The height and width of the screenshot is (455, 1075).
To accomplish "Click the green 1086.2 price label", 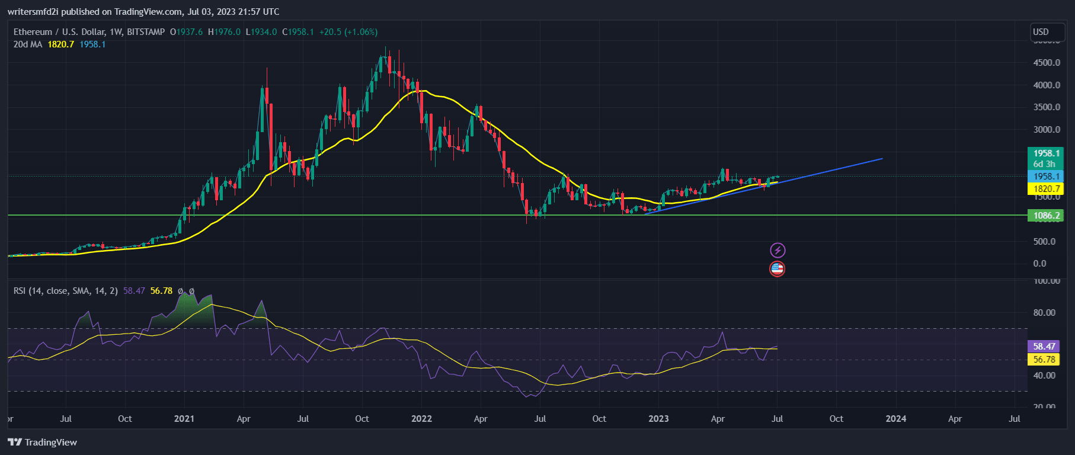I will [1045, 216].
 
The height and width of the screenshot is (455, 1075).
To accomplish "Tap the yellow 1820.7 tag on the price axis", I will [1045, 189].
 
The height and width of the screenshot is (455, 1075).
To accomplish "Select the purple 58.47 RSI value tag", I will [1044, 347].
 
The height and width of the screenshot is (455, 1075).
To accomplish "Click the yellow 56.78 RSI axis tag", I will [1044, 360].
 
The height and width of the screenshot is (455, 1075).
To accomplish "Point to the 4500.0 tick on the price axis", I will [1047, 63].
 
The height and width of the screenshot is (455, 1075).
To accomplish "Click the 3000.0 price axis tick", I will [1047, 130].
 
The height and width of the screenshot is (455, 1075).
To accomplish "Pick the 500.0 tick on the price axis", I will [1044, 242].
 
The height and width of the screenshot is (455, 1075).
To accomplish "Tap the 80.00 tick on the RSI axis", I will [1044, 313].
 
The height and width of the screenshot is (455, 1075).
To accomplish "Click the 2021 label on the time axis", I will [184, 419].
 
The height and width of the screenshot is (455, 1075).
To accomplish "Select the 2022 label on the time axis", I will [421, 419].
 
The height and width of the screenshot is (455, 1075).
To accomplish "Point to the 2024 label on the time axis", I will [895, 419].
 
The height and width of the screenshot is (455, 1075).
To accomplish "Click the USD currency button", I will [1041, 32].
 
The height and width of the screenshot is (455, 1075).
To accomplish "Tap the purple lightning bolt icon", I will [778, 251].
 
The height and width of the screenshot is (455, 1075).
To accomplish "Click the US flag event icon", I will [777, 269].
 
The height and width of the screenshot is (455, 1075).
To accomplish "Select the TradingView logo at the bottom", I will [43, 443].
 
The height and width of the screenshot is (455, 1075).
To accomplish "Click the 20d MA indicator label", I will [28, 44].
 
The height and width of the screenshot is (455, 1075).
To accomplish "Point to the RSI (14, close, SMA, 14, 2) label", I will [66, 291].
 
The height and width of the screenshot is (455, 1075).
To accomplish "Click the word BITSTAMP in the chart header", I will [146, 32].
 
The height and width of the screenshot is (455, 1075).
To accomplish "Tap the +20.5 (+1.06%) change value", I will [348, 32].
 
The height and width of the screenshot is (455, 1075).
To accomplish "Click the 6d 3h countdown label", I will [1044, 164].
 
